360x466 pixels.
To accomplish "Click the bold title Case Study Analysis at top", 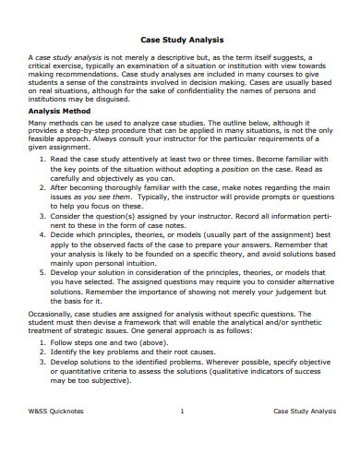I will tap(181, 40).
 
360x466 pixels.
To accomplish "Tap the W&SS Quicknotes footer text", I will tap(58, 436).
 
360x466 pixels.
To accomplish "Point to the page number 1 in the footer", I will tap(182, 436).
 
